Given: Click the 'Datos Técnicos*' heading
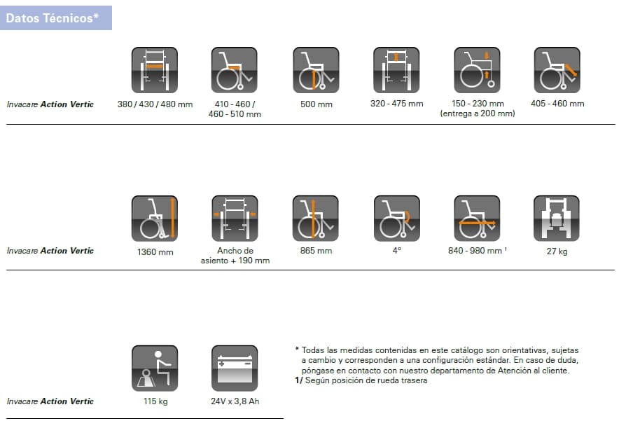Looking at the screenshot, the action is pyautogui.click(x=53, y=18).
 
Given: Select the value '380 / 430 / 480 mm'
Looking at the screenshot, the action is pyautogui.click(x=155, y=104).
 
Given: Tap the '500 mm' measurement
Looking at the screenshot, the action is pyautogui.click(x=317, y=104).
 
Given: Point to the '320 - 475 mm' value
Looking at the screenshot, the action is pyautogui.click(x=397, y=104).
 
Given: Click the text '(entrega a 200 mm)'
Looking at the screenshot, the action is pyautogui.click(x=478, y=113).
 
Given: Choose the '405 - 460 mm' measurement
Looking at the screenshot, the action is pyautogui.click(x=557, y=104).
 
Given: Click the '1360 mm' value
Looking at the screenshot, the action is pyautogui.click(x=155, y=252).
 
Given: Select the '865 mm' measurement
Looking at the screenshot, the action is pyautogui.click(x=317, y=251).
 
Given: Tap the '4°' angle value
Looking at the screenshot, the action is pyautogui.click(x=397, y=251).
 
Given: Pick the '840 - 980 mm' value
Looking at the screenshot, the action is pyautogui.click(x=475, y=251).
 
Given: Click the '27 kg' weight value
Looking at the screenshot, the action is pyautogui.click(x=557, y=251).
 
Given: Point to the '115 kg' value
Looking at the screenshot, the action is pyautogui.click(x=155, y=401).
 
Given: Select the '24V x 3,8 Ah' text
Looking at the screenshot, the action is pyautogui.click(x=235, y=401).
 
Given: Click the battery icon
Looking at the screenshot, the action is pyautogui.click(x=235, y=368).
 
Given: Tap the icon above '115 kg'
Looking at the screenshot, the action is pyautogui.click(x=155, y=368).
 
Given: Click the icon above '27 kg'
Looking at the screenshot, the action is pyautogui.click(x=557, y=219).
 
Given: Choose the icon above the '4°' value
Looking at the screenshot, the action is pyautogui.click(x=397, y=219).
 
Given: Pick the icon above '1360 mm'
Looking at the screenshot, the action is pyautogui.click(x=155, y=219).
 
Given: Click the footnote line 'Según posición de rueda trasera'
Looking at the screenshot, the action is pyautogui.click(x=366, y=380).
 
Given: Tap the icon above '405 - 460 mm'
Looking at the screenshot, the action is pyautogui.click(x=557, y=70).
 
